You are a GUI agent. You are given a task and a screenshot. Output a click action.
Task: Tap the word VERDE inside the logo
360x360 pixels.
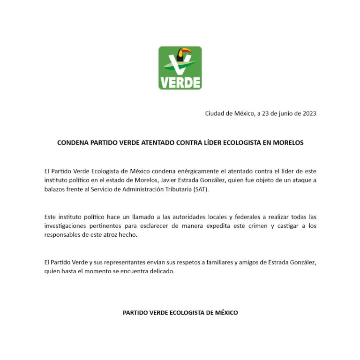point(180,82)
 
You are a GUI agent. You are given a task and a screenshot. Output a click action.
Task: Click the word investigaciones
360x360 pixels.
point(66,226)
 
